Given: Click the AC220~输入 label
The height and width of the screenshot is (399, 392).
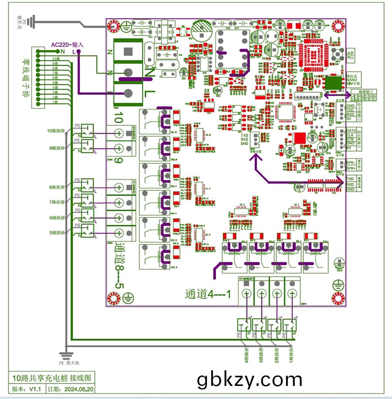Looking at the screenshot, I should [67, 44].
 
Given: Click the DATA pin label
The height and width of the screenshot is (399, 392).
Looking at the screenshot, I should [351, 131].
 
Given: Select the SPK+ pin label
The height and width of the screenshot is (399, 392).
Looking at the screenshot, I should [351, 168].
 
